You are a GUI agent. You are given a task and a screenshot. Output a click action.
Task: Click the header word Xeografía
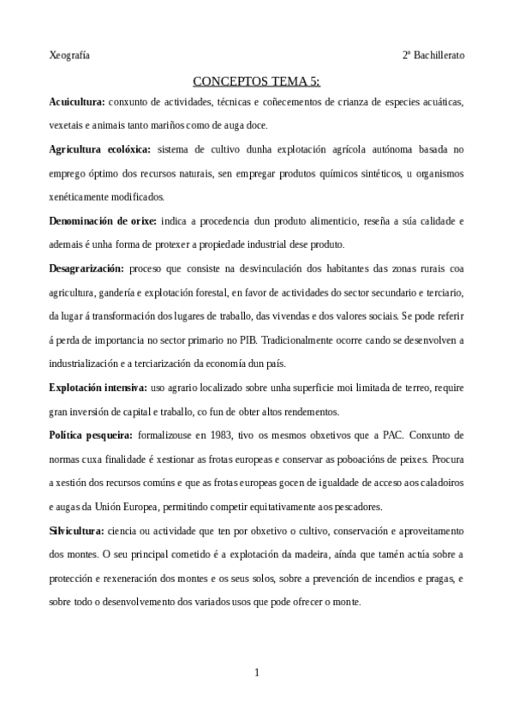tap(69, 55)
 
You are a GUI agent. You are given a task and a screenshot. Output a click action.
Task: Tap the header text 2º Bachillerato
tap(433, 55)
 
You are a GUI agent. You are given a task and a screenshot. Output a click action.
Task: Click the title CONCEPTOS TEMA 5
tap(257, 82)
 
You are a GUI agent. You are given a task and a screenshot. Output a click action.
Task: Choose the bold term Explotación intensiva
tap(98, 388)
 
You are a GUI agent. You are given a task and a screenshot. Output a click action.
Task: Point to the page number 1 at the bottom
tap(257, 672)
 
